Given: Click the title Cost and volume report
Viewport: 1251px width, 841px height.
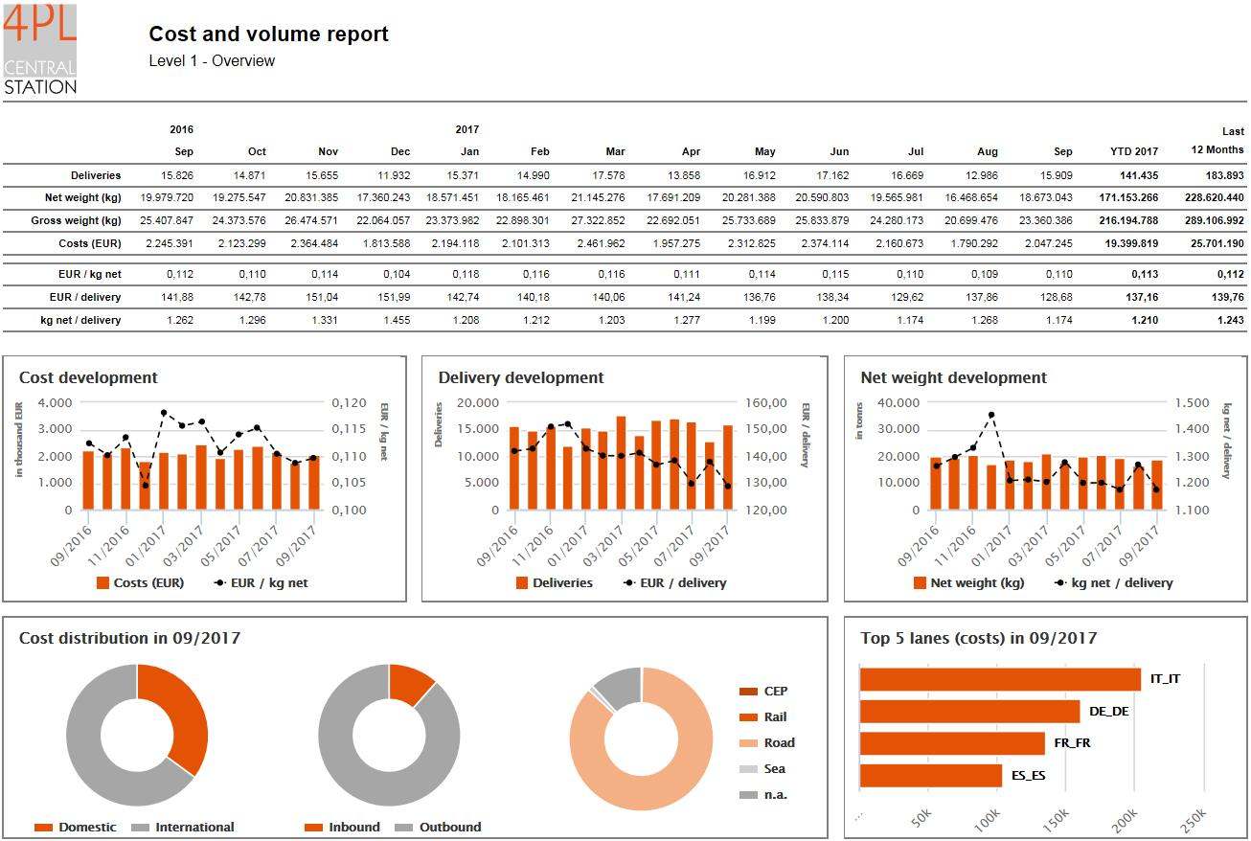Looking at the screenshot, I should tap(268, 34).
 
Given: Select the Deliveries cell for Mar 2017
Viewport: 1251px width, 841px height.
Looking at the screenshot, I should tap(603, 175).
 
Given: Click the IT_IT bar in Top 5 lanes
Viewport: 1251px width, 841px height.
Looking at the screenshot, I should tap(1000, 679).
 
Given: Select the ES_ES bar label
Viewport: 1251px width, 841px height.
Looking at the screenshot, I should tap(1028, 776).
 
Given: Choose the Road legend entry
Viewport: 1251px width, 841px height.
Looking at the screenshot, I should tap(778, 743).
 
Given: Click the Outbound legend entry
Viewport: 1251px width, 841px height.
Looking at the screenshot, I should tap(449, 828).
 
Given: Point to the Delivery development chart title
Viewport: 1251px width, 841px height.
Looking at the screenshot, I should tap(521, 377).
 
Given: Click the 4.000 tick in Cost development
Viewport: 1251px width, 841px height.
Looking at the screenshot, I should tap(54, 403).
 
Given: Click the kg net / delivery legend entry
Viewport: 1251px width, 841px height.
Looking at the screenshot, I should tap(1121, 582).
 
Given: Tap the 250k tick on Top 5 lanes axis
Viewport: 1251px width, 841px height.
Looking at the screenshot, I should tap(1193, 821).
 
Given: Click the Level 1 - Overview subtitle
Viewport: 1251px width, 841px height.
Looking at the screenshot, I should tap(212, 61).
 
